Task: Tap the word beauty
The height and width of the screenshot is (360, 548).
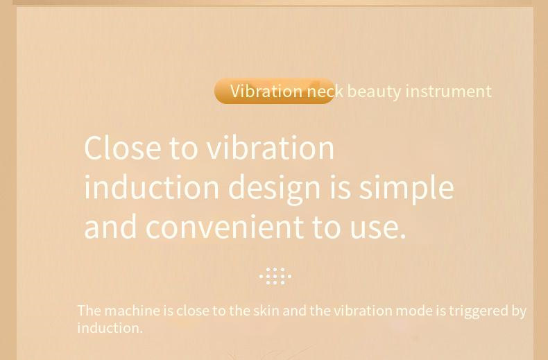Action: (x=374, y=92)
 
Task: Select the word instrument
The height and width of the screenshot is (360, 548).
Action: (x=448, y=92)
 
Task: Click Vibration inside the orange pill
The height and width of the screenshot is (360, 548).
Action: (x=266, y=91)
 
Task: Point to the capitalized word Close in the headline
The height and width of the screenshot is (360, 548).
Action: (x=123, y=148)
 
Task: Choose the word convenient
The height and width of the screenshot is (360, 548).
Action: (x=225, y=228)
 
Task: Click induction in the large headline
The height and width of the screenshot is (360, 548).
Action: (x=152, y=187)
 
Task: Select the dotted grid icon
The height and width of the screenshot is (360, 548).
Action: (x=275, y=276)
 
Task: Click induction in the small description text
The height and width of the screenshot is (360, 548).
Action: (x=110, y=328)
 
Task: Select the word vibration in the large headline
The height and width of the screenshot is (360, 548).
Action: (x=270, y=148)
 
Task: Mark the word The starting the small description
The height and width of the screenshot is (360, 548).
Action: (x=89, y=310)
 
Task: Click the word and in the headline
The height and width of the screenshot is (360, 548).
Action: (x=110, y=228)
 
